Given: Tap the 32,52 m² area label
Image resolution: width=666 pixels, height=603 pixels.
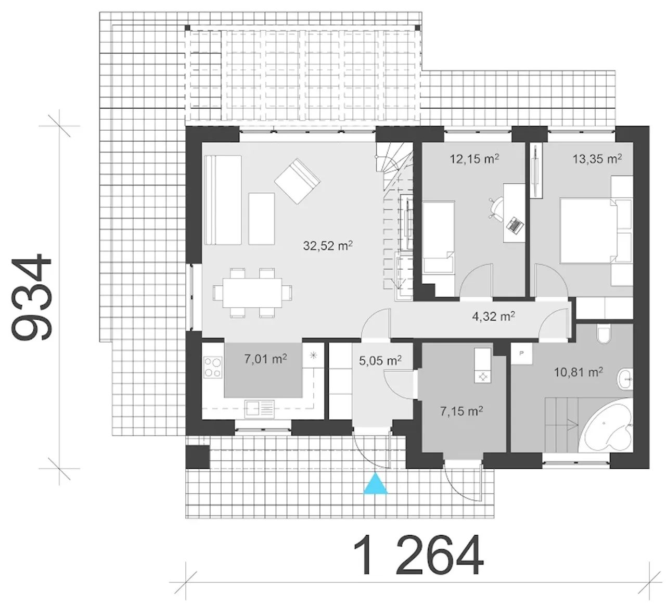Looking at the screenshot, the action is click(x=328, y=246).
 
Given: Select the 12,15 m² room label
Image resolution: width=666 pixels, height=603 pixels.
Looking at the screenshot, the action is click(x=474, y=159).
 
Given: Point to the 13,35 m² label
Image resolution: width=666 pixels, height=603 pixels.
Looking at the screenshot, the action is click(x=597, y=159).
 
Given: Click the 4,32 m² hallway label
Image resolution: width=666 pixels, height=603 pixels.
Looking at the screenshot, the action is click(x=494, y=316).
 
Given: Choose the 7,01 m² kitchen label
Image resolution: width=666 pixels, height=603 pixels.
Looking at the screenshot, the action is click(x=265, y=359).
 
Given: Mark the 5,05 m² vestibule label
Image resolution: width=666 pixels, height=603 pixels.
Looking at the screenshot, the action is click(x=380, y=360).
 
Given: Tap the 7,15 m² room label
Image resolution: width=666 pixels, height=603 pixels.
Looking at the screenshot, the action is click(x=462, y=411).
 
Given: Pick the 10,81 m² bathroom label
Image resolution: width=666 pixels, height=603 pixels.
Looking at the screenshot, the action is click(x=579, y=372).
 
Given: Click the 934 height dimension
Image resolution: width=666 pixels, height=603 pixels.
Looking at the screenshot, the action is click(x=32, y=297).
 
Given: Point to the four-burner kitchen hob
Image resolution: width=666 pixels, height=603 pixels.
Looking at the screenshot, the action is click(x=213, y=367).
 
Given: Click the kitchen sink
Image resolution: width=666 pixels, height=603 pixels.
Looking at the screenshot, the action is click(x=260, y=409).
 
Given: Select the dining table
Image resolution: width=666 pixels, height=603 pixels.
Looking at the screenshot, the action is click(x=253, y=293).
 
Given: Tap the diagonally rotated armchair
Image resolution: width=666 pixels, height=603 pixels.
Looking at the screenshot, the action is click(x=297, y=181).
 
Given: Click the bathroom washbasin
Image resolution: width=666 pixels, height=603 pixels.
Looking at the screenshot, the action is click(x=625, y=379).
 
